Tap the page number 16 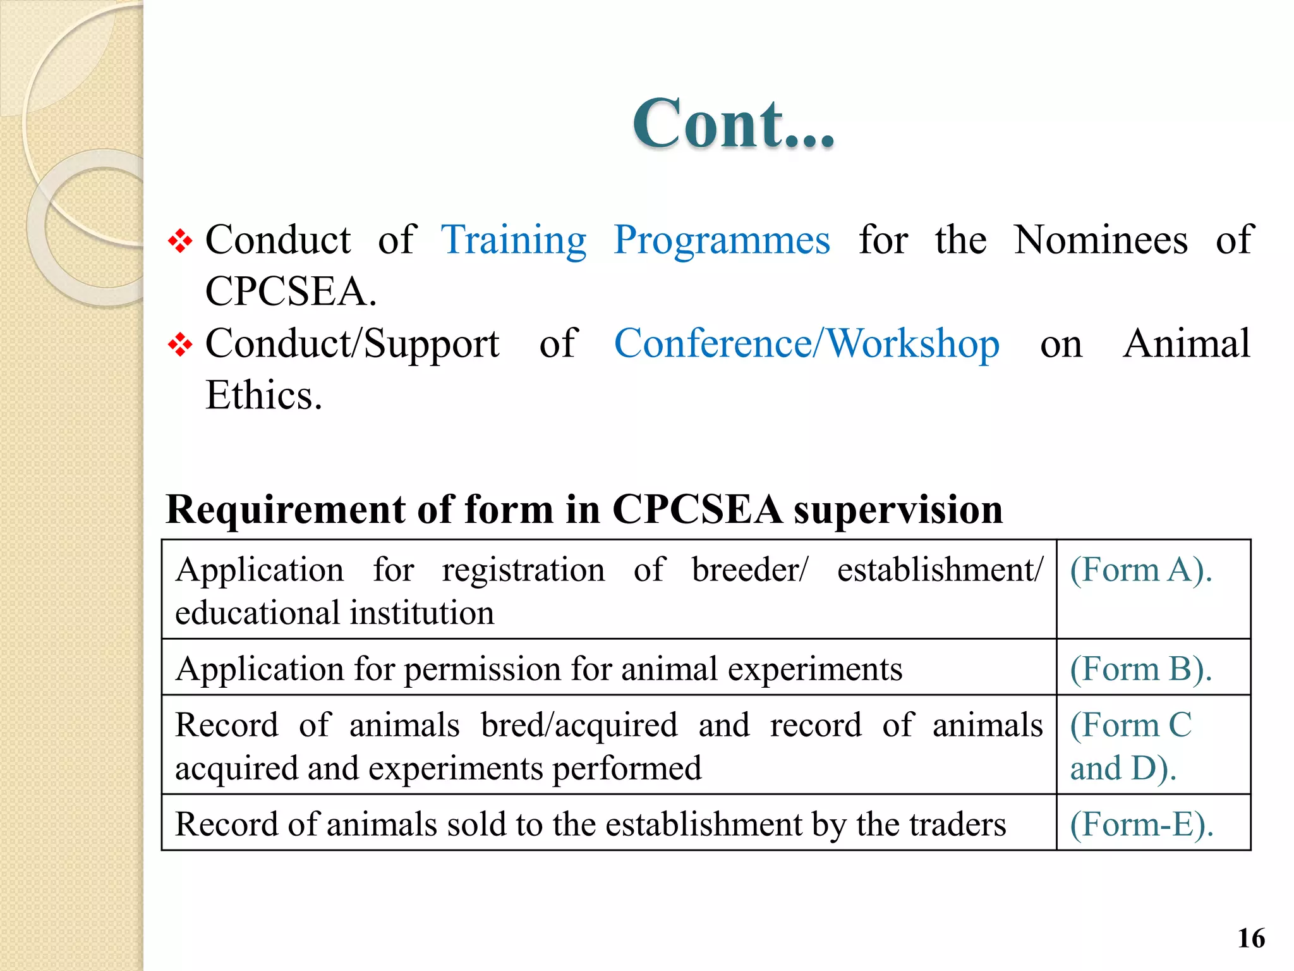click(1251, 938)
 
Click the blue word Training click(514, 241)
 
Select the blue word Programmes click(722, 241)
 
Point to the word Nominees click(1101, 241)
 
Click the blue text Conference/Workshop click(806, 345)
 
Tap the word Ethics click(263, 396)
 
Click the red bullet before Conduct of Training click(180, 241)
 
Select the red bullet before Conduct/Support click(180, 345)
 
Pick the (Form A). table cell click(1140, 570)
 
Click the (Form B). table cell click(1140, 669)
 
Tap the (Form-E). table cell click(1141, 824)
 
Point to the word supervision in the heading click(898, 510)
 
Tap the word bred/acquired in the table click(579, 725)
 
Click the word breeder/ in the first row click(749, 570)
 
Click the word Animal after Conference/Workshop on click(1187, 345)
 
